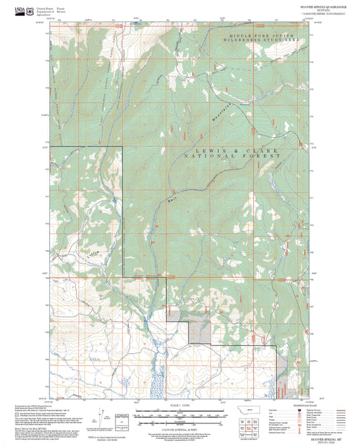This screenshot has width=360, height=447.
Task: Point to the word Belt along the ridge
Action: [x=172, y=201]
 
